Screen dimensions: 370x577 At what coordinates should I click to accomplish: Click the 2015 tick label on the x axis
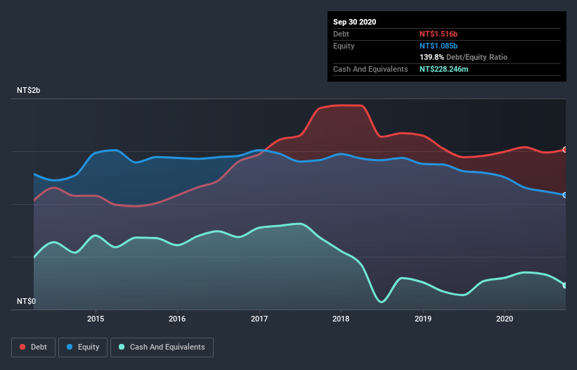point(96,319)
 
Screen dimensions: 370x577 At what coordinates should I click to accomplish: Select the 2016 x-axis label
point(178,319)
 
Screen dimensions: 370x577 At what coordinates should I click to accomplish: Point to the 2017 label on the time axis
point(259,319)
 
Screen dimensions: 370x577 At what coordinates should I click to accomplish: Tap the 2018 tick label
point(341,319)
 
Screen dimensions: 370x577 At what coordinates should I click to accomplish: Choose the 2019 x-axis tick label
point(423,319)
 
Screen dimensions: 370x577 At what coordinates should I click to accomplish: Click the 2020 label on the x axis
point(505,319)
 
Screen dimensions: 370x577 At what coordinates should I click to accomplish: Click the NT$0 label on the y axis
point(27,301)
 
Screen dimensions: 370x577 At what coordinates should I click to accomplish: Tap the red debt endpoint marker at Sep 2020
point(565,150)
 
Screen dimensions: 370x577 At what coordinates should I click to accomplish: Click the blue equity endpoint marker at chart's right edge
point(565,195)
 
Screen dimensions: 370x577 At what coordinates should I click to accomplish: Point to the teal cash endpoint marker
point(565,285)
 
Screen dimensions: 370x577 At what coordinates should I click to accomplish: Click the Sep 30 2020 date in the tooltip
point(355,22)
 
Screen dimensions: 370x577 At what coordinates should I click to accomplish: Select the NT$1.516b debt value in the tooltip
point(439,34)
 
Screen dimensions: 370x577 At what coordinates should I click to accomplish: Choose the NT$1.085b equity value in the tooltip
point(439,46)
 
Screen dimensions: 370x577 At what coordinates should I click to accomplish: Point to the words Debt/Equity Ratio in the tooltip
point(476,57)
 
